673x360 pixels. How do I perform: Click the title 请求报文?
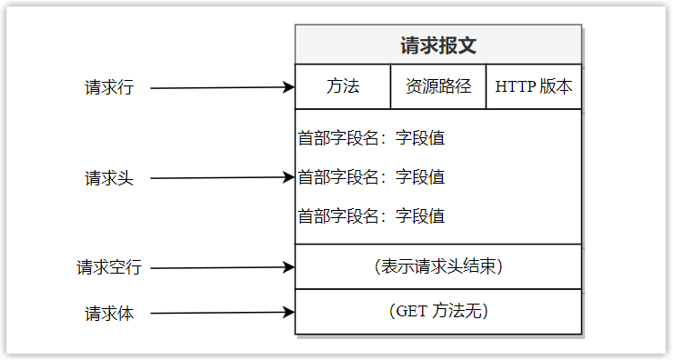click(438, 45)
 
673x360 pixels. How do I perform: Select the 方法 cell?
click(343, 87)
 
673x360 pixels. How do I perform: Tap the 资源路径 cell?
click(438, 87)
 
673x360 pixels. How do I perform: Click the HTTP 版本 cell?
click(534, 87)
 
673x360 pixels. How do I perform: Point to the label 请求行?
click(109, 88)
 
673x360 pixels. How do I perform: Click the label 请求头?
click(109, 178)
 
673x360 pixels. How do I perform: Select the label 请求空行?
click(109, 268)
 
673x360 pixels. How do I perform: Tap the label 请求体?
click(109, 314)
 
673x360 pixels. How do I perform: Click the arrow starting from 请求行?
click(218, 88)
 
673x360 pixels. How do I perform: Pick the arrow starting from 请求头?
click(218, 178)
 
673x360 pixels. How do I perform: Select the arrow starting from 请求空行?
click(218, 268)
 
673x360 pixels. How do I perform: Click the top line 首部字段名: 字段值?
click(371, 139)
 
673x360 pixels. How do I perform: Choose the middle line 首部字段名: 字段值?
click(371, 177)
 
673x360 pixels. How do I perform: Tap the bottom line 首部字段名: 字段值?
click(371, 216)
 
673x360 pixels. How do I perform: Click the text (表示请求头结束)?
click(438, 267)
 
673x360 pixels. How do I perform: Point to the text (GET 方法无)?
click(438, 311)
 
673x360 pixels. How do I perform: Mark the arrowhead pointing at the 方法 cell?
click(289, 88)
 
